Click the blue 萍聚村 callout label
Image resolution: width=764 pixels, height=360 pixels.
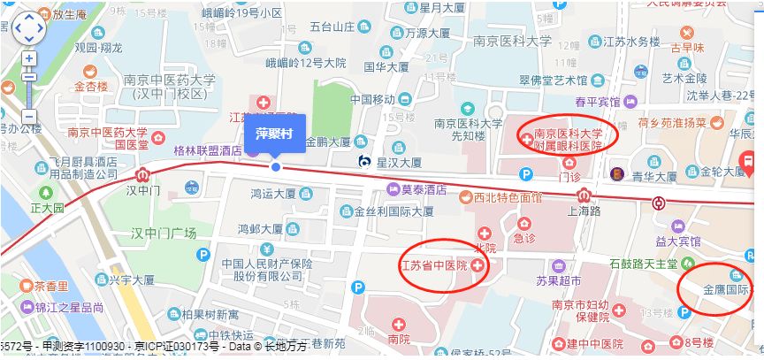tap(275, 134)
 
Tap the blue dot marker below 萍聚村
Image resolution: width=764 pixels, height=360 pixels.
tap(276, 166)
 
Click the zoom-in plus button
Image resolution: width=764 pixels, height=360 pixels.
tap(29, 58)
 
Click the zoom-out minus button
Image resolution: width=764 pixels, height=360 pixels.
tap(29, 116)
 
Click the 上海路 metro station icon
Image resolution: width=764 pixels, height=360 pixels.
tap(659, 203)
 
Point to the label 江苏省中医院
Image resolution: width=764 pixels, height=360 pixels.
tap(433, 265)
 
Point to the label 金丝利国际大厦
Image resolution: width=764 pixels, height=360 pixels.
tap(393, 212)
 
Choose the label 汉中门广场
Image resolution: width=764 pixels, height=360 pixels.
tap(164, 234)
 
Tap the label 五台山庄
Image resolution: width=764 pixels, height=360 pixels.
tap(332, 27)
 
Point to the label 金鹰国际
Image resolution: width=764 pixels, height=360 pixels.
tap(726, 290)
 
